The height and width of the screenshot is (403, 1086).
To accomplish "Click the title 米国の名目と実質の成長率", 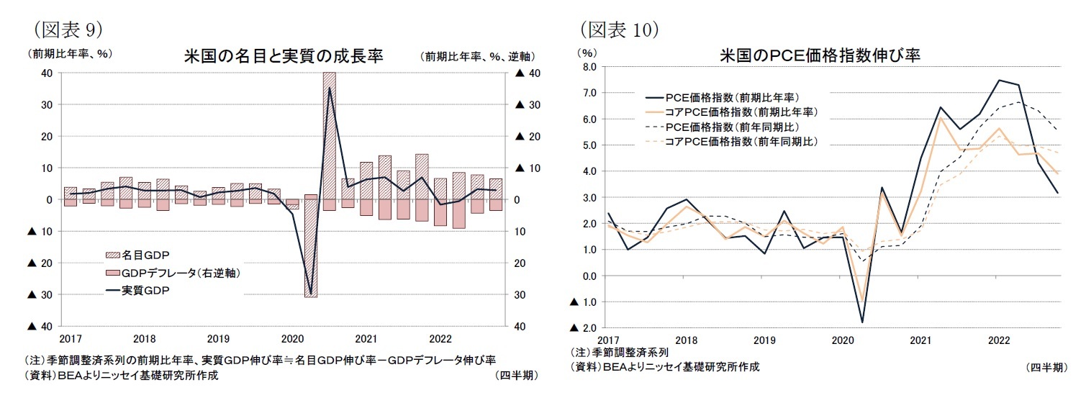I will [283, 56].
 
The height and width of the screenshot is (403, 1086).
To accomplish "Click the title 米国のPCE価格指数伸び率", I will [820, 55].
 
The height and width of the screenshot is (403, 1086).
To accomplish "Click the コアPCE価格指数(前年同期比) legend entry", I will [741, 142].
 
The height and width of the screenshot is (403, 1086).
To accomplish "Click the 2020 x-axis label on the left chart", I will [293, 338].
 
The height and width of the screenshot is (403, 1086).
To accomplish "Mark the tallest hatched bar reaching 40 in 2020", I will [329, 130].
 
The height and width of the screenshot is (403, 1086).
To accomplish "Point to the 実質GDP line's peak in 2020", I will [330, 88].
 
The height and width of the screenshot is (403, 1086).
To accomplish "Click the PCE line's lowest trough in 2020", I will [862, 321].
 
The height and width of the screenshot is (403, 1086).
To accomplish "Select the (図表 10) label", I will [619, 29].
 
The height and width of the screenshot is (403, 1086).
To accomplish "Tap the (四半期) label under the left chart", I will [515, 376].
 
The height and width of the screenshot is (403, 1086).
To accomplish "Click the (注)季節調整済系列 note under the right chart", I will [619, 353].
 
